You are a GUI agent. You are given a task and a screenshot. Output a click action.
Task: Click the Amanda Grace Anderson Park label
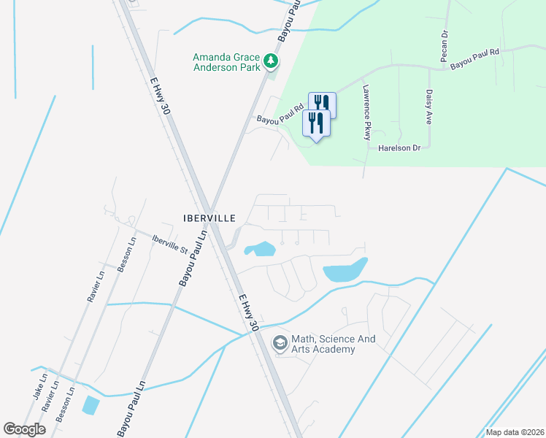pyautogui.click(x=226, y=62)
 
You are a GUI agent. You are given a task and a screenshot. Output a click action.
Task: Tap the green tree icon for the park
pyautogui.click(x=272, y=61)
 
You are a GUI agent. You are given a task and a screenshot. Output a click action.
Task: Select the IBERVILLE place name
pyautogui.click(x=209, y=218)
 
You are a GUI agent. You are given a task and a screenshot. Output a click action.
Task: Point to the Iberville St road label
pyautogui.click(x=170, y=243)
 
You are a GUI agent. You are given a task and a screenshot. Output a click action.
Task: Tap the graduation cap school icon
pyautogui.click(x=280, y=342)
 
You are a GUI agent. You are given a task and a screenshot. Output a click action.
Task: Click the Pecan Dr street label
pyautogui.click(x=443, y=45)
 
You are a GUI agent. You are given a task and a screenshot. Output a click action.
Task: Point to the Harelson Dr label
pyautogui.click(x=399, y=147)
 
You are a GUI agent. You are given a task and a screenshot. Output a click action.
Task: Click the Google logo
pyautogui.click(x=25, y=429)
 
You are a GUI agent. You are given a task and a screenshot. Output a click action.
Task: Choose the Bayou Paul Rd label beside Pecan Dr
pyautogui.click(x=474, y=59)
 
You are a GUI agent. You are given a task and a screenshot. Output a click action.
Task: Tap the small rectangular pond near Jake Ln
pyautogui.click(x=91, y=404)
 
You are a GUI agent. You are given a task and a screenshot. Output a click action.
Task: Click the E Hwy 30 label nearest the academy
pyautogui.click(x=249, y=311)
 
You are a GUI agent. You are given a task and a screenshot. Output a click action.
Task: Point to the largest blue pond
pyautogui.click(x=345, y=272)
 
